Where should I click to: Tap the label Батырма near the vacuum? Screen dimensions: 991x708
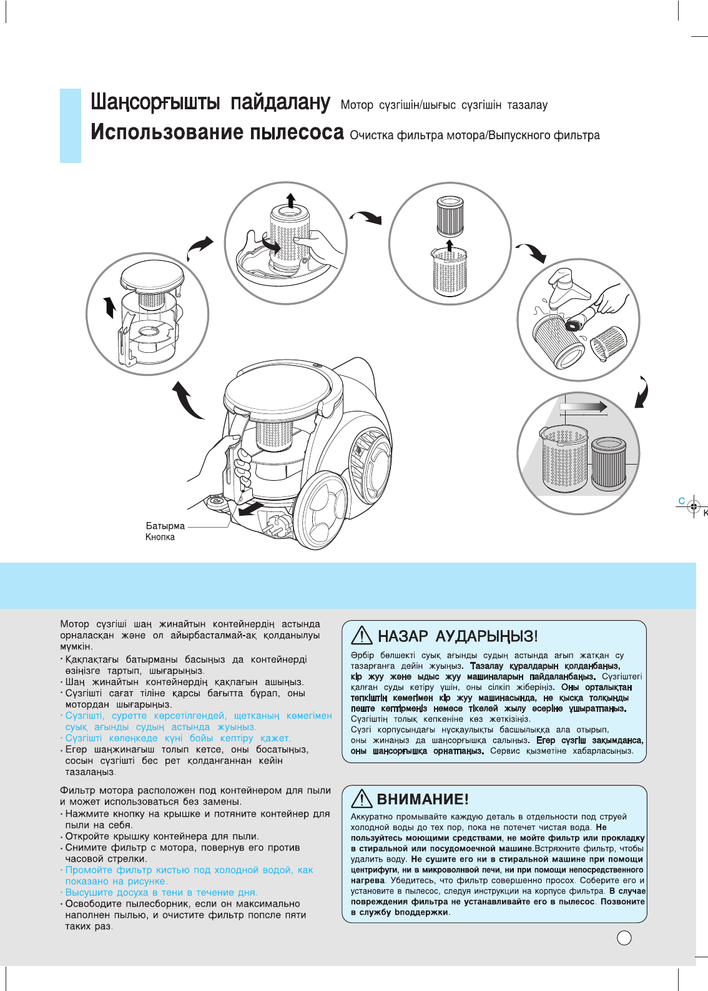165,526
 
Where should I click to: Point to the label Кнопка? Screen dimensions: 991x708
160,537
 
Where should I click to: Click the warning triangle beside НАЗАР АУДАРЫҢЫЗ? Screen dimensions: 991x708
362,636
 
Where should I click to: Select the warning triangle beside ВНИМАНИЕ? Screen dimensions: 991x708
362,798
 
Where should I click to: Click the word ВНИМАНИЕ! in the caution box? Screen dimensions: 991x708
423,799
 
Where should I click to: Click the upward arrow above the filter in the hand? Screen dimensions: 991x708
291,200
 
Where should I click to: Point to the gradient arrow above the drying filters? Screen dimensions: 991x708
583,407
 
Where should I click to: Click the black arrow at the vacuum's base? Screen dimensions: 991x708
255,509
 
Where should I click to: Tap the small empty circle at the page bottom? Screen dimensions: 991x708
624,938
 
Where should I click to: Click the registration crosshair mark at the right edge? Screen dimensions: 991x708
693,507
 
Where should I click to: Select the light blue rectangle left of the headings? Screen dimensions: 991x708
71,126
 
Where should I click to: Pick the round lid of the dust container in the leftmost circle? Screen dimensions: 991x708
152,277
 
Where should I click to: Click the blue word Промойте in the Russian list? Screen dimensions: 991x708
88,870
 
